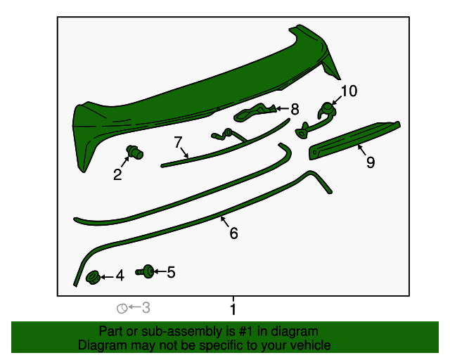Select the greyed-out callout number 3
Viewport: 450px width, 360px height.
[146, 307]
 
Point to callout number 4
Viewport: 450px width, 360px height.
[120, 276]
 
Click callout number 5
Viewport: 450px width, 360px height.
[171, 271]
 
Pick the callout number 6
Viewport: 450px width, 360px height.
[233, 233]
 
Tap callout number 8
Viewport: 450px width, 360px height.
[295, 109]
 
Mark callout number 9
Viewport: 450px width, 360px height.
[370, 162]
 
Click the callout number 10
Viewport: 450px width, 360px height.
[349, 91]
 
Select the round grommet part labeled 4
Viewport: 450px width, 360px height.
[92, 277]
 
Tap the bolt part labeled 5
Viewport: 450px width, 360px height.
[148, 271]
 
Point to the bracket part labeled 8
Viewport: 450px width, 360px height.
[254, 111]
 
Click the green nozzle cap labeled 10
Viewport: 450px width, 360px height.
[326, 108]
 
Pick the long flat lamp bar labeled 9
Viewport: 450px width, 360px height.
[355, 137]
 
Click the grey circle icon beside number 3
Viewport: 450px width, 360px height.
[122, 308]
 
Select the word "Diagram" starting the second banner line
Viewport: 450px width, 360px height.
[102, 345]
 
